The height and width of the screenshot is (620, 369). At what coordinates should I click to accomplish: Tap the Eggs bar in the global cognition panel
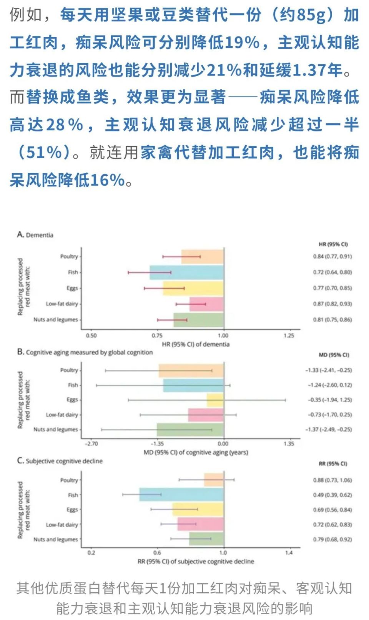point(215,400)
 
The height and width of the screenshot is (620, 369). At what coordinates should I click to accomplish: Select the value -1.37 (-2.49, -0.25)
point(329,429)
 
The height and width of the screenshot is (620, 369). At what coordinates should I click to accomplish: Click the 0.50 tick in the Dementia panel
point(91,336)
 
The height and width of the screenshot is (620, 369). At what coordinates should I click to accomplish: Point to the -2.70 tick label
point(91,444)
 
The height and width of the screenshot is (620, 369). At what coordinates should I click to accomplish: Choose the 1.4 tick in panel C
point(289,553)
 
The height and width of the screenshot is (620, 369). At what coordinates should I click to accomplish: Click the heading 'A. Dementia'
point(35,235)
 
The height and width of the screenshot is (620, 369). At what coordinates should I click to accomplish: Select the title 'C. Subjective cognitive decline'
point(60,461)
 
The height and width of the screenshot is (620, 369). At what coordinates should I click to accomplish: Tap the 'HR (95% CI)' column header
point(333,244)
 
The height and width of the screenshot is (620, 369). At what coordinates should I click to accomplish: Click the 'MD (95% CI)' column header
point(334,355)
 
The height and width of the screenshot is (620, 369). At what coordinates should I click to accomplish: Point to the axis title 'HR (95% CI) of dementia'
point(196,344)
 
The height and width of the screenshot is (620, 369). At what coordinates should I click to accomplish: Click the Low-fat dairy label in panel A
point(62,304)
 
